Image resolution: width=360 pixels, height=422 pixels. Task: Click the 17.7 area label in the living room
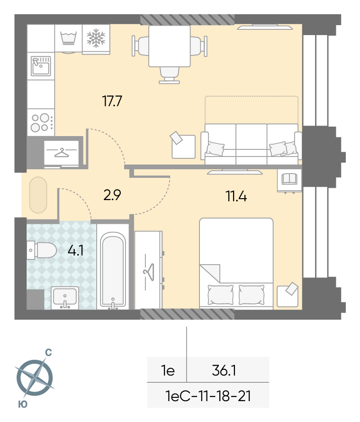(112, 101)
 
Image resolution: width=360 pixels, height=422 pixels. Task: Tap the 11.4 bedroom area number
(236, 196)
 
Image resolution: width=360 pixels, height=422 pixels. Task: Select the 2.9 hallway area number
(112, 195)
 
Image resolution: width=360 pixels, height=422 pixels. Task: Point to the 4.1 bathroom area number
(75, 250)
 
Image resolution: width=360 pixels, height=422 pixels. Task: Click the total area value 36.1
(224, 370)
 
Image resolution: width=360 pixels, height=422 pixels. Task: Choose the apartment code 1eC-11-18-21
(208, 396)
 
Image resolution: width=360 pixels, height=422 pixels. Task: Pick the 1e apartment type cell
(168, 371)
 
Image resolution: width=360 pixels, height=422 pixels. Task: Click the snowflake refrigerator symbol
(96, 38)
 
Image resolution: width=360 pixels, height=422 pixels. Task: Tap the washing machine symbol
(69, 38)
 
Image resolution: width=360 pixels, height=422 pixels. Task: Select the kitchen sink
(41, 66)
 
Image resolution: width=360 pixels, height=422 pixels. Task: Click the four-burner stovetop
(41, 122)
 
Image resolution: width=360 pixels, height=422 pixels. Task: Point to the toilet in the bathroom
(41, 250)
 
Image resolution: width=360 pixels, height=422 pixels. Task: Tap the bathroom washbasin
(65, 298)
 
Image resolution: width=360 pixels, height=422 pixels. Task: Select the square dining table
(170, 46)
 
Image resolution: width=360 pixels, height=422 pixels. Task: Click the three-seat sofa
(252, 144)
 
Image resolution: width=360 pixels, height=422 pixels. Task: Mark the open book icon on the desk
(289, 179)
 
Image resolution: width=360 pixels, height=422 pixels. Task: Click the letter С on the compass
(48, 352)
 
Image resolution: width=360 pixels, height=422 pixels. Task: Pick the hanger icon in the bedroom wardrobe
(149, 272)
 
